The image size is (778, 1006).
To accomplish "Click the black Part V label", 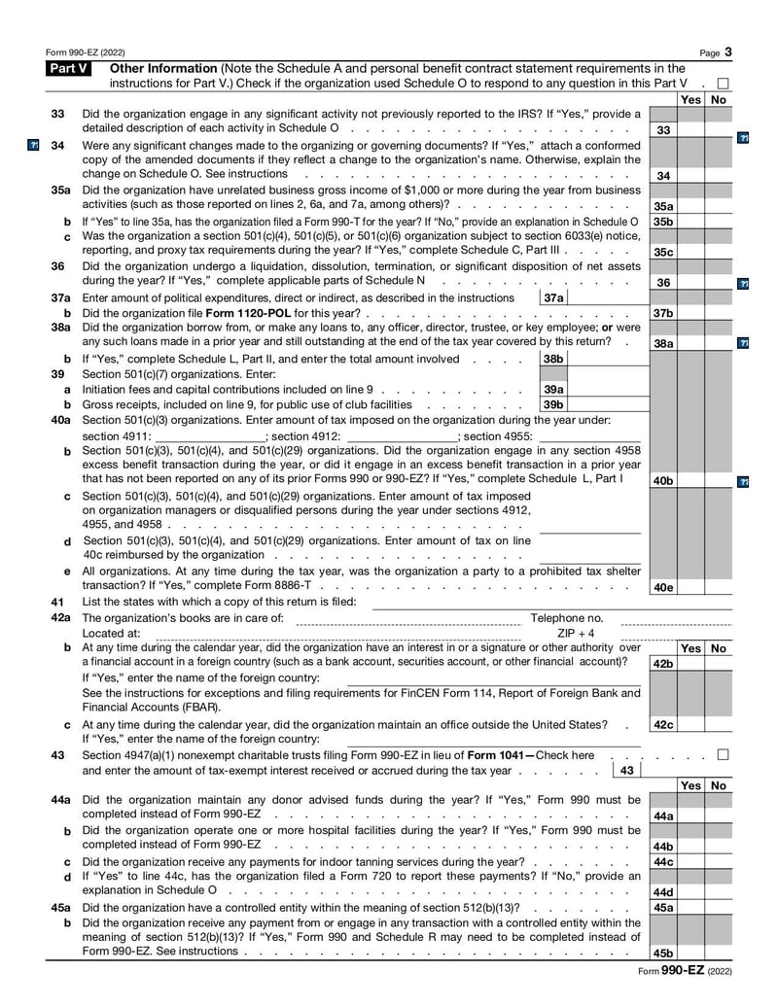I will tap(68, 68).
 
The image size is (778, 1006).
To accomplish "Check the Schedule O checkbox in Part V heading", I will tap(723, 84).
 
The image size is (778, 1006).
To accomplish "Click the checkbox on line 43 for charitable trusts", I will tap(723, 754).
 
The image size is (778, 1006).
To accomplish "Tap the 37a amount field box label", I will tap(552, 297).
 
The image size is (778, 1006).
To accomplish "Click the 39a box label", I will tap(552, 389).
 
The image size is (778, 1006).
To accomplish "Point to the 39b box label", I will tap(552, 404).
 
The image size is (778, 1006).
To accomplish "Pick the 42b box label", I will tap(662, 663).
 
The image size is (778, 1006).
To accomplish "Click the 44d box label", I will tap(662, 891).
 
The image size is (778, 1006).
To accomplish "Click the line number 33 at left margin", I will tap(57, 114).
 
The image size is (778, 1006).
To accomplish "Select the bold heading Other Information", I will tap(162, 68).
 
